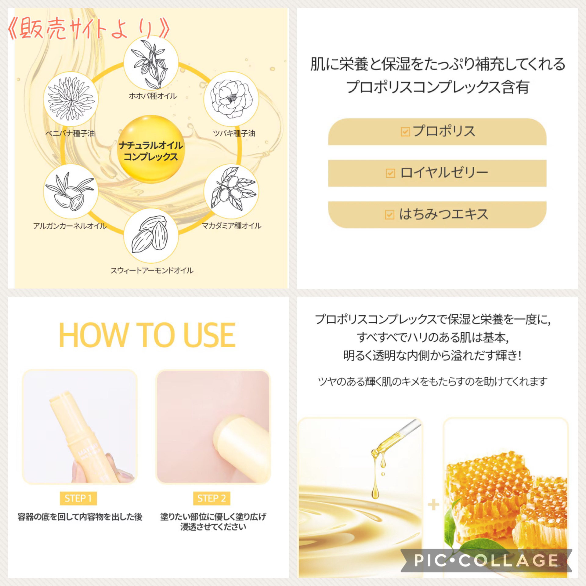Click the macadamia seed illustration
231,192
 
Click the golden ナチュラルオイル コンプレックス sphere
151,150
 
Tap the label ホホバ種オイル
153,96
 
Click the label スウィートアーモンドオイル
152,270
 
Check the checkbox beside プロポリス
405,132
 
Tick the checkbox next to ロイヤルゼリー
390,173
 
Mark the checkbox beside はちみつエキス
389,215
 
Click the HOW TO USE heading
147,335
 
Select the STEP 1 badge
78,499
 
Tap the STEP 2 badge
212,499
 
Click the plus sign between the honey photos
433,505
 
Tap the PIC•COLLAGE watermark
487,560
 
